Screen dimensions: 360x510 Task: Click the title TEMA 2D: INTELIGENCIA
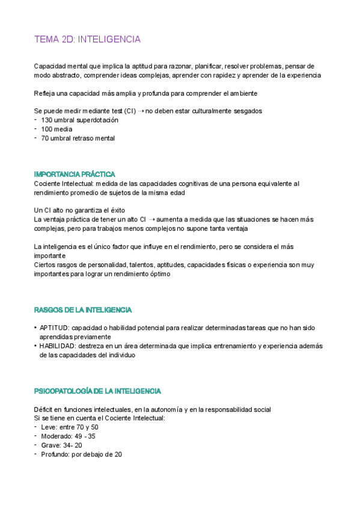click(x=88, y=40)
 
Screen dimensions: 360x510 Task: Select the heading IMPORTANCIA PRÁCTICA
click(x=75, y=174)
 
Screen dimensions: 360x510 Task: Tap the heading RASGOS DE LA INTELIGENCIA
click(x=83, y=310)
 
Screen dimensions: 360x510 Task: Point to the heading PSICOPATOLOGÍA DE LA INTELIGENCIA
click(x=97, y=391)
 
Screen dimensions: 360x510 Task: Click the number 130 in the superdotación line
click(x=47, y=120)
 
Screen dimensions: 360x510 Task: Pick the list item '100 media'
click(x=56, y=129)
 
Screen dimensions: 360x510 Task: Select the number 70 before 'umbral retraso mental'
click(x=45, y=138)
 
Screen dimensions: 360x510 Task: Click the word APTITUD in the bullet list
click(x=53, y=328)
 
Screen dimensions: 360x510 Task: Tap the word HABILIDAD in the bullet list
click(x=56, y=346)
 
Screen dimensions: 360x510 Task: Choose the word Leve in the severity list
click(x=49, y=427)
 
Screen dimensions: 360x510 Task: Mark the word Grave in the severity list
click(x=50, y=445)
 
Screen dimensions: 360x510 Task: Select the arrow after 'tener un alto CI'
click(x=151, y=220)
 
